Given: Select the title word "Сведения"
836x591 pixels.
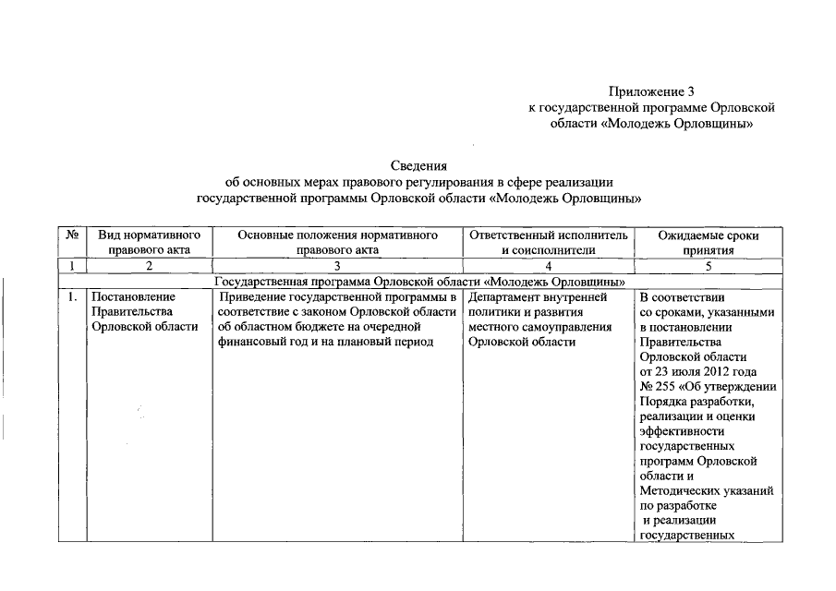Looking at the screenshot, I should tap(418, 166).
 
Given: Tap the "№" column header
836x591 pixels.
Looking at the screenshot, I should tap(71, 236).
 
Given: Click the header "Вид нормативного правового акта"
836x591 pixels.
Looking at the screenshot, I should tap(149, 243).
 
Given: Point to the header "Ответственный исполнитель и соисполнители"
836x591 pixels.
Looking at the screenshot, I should tap(549, 243).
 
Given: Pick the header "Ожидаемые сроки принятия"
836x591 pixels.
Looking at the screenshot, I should tap(709, 243).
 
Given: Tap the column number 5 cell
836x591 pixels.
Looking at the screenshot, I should tap(709, 266).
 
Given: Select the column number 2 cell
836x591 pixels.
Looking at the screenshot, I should tap(149, 266).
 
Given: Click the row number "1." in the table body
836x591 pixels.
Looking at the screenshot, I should tap(71, 298).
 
